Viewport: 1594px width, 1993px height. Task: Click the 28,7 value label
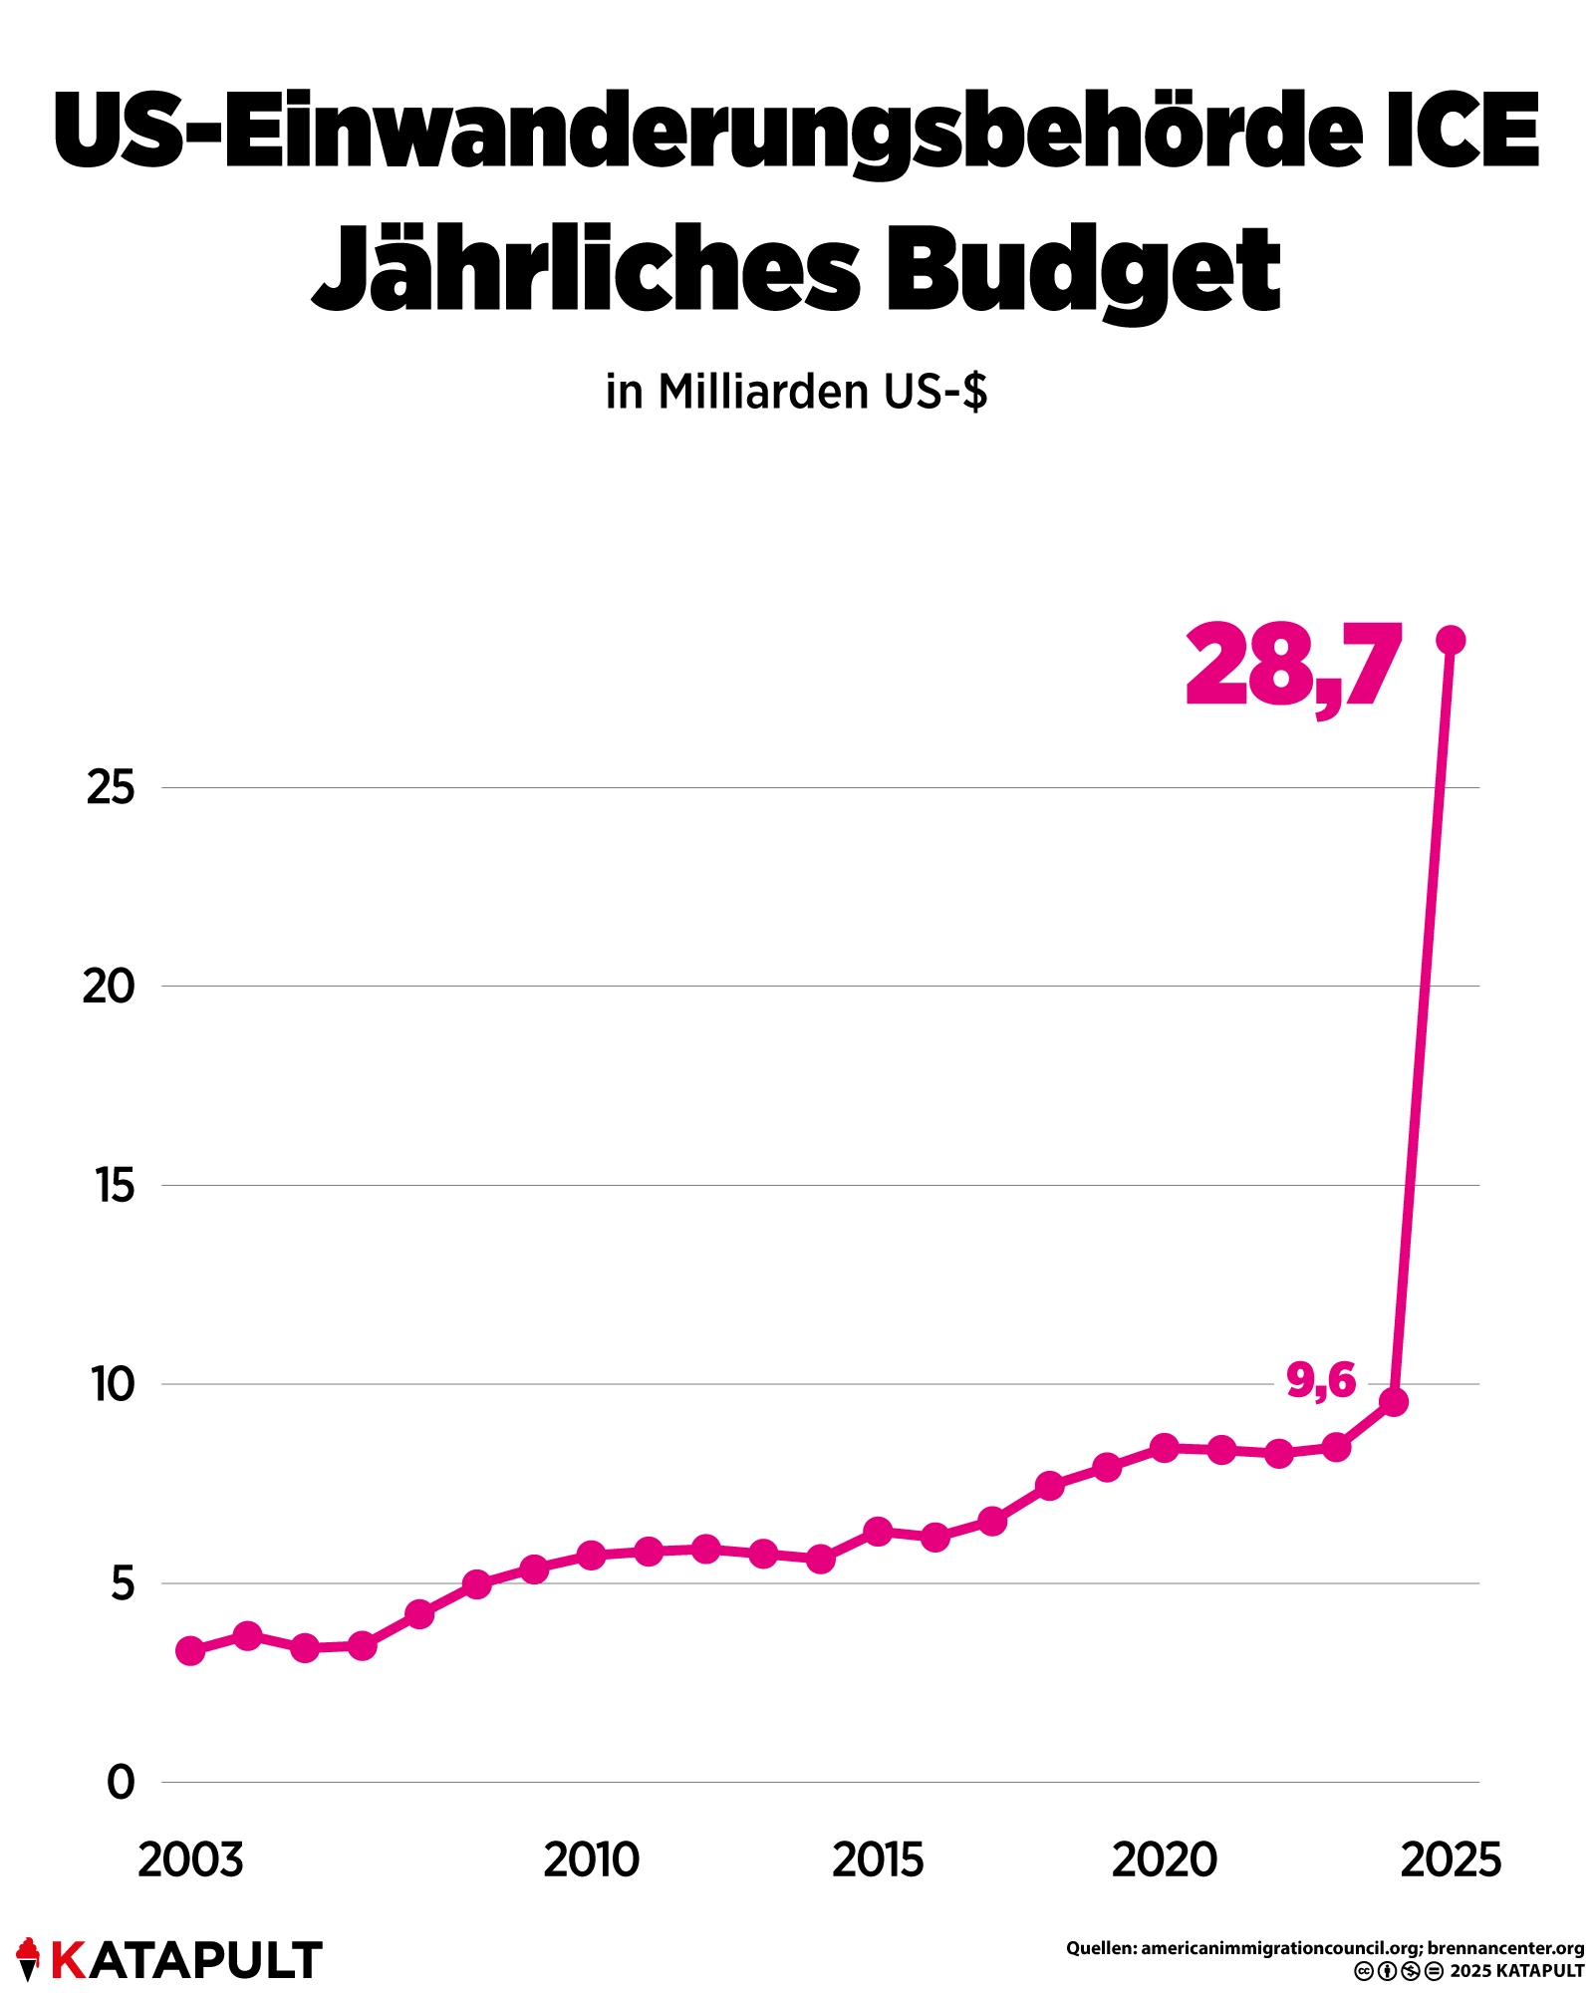pyautogui.click(x=1293, y=666)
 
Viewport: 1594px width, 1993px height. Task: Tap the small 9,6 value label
pyautogui.click(x=1321, y=1380)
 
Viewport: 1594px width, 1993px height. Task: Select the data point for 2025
pyautogui.click(x=1451, y=640)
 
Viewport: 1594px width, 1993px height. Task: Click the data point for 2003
pyautogui.click(x=190, y=1650)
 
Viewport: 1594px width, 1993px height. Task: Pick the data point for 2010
pyautogui.click(x=592, y=1555)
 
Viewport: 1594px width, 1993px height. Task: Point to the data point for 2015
pyautogui.click(x=878, y=1532)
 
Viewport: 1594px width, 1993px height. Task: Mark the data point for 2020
pyautogui.click(x=1165, y=1448)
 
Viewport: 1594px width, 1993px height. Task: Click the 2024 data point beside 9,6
pyautogui.click(x=1394, y=1402)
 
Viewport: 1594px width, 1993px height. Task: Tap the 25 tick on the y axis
pyautogui.click(x=111, y=788)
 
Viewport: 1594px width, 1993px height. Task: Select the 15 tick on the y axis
pyautogui.click(x=115, y=1186)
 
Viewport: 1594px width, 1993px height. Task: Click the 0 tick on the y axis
pyautogui.click(x=121, y=1782)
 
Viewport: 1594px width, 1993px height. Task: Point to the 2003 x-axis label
pyautogui.click(x=190, y=1860)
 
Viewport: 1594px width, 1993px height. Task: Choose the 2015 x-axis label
pyautogui.click(x=878, y=1860)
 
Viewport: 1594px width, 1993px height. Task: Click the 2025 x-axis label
pyautogui.click(x=1451, y=1860)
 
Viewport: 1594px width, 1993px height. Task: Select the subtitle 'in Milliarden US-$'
pyautogui.click(x=797, y=392)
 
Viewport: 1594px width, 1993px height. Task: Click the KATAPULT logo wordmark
pyautogui.click(x=185, y=1960)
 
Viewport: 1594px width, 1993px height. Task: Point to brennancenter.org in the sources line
pyautogui.click(x=1505, y=1948)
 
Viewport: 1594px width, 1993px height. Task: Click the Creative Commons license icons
pyautogui.click(x=1398, y=1971)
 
